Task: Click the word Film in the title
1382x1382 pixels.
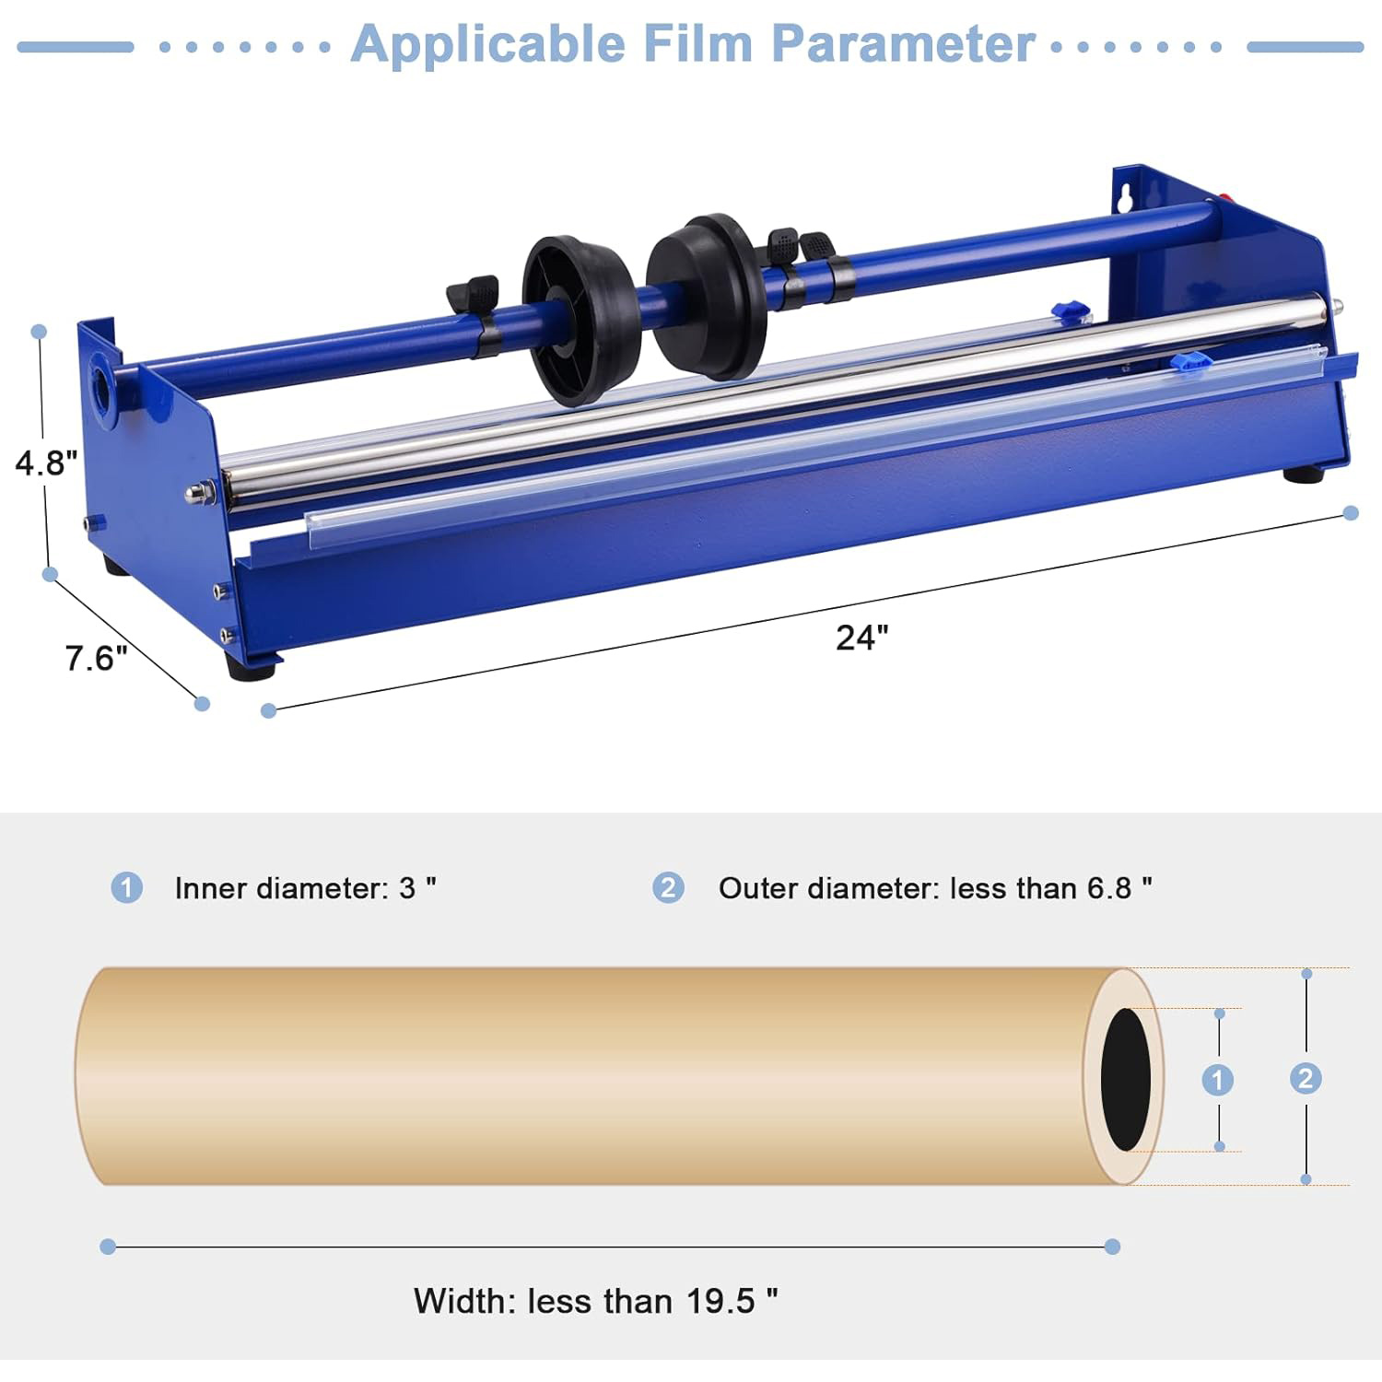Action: coord(698,43)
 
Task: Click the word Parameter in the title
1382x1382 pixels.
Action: coord(903,43)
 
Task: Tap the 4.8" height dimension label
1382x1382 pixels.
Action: coord(46,462)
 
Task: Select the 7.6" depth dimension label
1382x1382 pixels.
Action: coord(96,658)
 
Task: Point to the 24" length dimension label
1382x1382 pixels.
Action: coord(862,638)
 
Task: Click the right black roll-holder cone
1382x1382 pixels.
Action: coord(706,297)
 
